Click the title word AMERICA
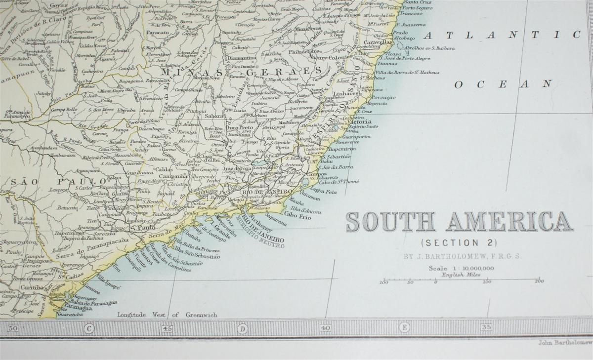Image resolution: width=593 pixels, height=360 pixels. click(x=509, y=222)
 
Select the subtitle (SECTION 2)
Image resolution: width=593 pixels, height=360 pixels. click(x=459, y=243)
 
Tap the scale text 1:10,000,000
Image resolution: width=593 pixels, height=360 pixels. click(x=471, y=268)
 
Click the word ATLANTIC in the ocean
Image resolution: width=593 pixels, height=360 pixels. click(x=502, y=35)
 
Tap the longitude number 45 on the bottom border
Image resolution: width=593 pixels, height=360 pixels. click(x=167, y=327)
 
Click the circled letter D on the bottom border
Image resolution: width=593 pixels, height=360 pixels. click(x=242, y=327)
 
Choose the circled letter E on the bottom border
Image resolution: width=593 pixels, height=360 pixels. click(x=405, y=327)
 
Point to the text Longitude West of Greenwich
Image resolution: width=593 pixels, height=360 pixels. click(x=167, y=315)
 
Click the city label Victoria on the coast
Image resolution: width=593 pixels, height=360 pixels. click(x=359, y=121)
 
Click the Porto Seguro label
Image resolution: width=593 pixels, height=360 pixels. click(x=416, y=8)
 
